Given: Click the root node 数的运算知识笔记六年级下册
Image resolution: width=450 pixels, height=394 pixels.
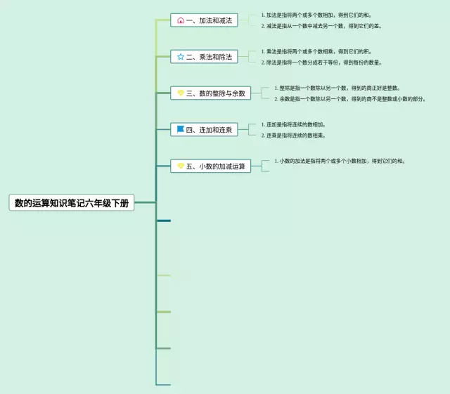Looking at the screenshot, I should pyautogui.click(x=72, y=203).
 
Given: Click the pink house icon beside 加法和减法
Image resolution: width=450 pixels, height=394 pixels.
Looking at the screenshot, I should pyautogui.click(x=181, y=20).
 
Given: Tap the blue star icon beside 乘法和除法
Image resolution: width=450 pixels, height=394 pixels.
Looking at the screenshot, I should pyautogui.click(x=181, y=57).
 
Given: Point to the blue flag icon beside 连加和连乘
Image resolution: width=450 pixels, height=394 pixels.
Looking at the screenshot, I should pyautogui.click(x=181, y=129).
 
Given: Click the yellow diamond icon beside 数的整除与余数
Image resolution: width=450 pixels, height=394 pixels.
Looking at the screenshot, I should pyautogui.click(x=181, y=93).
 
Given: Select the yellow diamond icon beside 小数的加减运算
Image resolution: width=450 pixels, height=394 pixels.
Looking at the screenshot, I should pyautogui.click(x=181, y=166).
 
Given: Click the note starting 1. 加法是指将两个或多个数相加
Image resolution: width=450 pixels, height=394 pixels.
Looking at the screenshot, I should pyautogui.click(x=317, y=15).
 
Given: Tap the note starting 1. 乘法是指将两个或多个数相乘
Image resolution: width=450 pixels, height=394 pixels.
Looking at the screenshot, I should pyautogui.click(x=316, y=51).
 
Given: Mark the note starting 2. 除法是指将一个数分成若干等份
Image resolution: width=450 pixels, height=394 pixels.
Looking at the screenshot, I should pyautogui.click(x=322, y=63).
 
